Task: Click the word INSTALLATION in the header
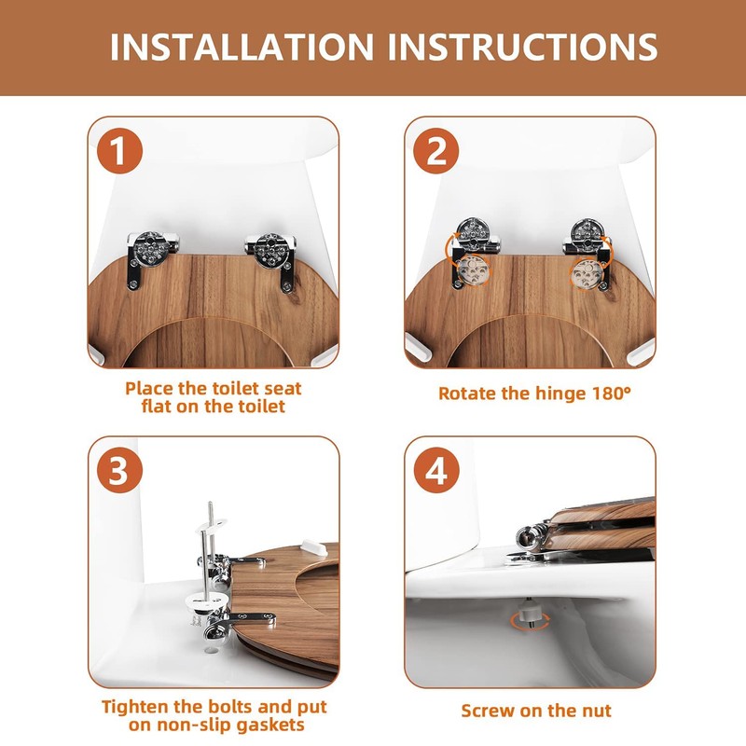(x=242, y=47)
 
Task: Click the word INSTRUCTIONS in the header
(x=522, y=47)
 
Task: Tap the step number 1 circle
(x=119, y=151)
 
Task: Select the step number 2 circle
(x=435, y=151)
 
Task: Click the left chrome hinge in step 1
(x=151, y=258)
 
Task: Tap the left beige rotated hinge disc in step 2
(x=473, y=270)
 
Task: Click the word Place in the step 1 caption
(x=149, y=389)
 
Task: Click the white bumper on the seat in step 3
(x=314, y=547)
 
